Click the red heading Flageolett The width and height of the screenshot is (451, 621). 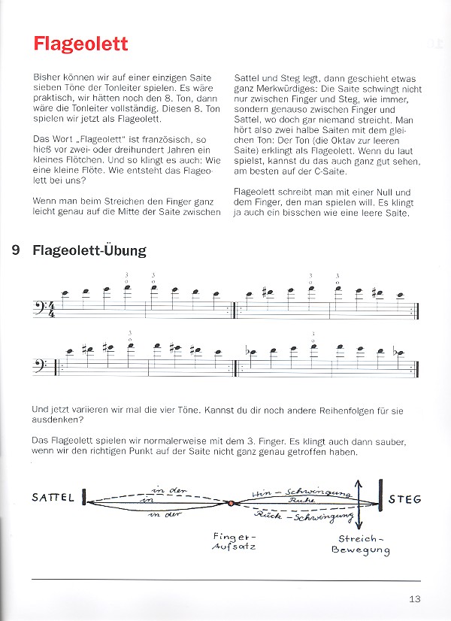click(80, 44)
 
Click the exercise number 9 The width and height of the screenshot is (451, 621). click(17, 251)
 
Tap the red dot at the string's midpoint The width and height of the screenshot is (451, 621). click(232, 503)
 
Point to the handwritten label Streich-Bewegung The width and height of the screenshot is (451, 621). click(360, 544)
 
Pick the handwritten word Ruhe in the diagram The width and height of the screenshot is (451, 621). click(295, 499)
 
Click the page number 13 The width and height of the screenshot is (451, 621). click(415, 599)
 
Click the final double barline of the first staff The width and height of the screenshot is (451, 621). click(416, 307)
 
